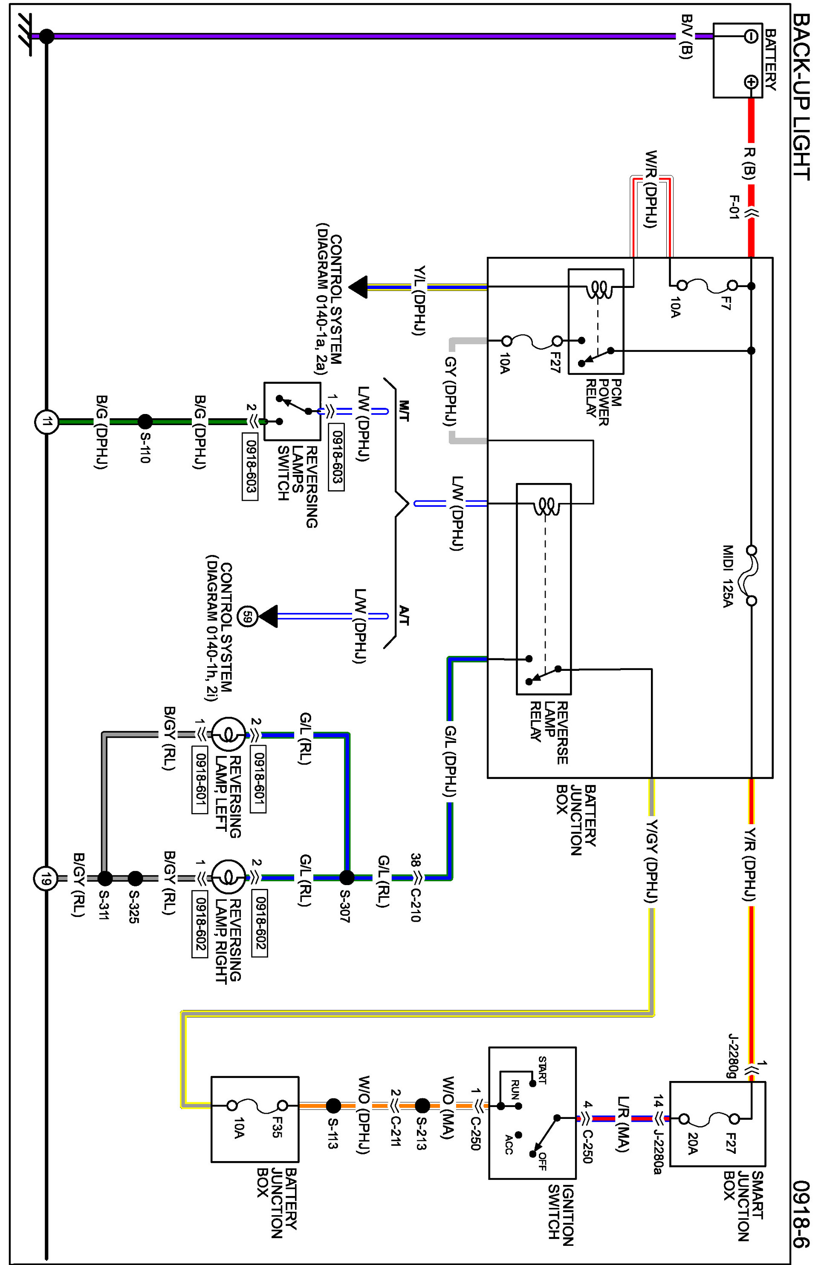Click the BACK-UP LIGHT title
tap(801, 97)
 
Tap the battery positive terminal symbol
tap(751, 82)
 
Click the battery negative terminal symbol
tap(751, 36)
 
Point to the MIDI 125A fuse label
tap(728, 577)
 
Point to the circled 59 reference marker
tap(247, 617)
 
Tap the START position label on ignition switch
tap(542, 1070)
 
